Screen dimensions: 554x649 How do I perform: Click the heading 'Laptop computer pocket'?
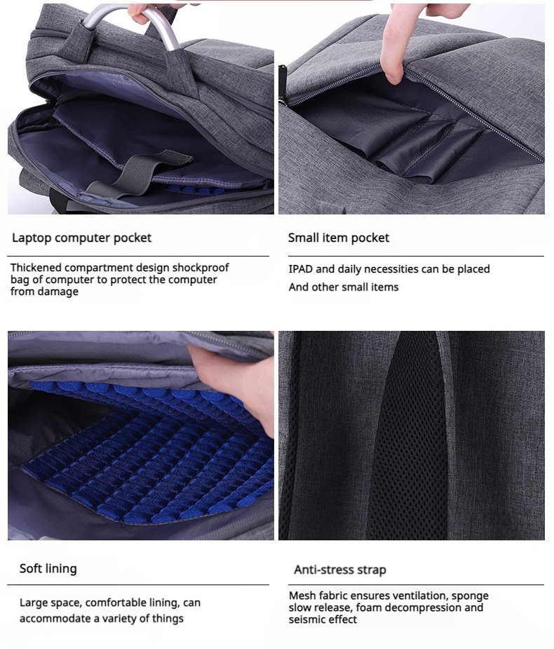click(x=81, y=238)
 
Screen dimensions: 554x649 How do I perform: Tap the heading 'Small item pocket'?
click(x=339, y=238)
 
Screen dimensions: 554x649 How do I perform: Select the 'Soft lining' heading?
click(x=48, y=568)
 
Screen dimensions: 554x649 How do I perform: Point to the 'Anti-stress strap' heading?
click(x=340, y=570)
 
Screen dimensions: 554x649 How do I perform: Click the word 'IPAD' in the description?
click(x=301, y=269)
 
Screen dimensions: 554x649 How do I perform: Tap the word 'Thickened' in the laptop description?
click(x=36, y=268)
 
